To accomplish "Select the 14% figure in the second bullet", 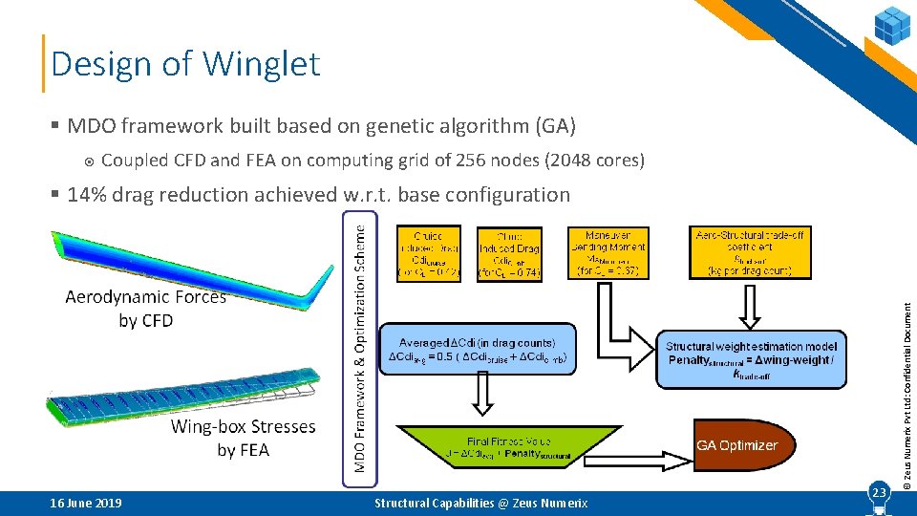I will click(88, 195).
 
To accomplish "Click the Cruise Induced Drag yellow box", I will click(428, 252).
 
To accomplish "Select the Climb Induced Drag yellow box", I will click(508, 254).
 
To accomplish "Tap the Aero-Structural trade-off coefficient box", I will click(750, 252).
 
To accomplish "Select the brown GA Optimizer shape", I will click(736, 445).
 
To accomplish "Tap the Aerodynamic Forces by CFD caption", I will click(146, 309).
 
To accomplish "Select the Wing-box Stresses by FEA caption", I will click(243, 438).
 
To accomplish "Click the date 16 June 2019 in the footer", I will click(86, 503).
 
